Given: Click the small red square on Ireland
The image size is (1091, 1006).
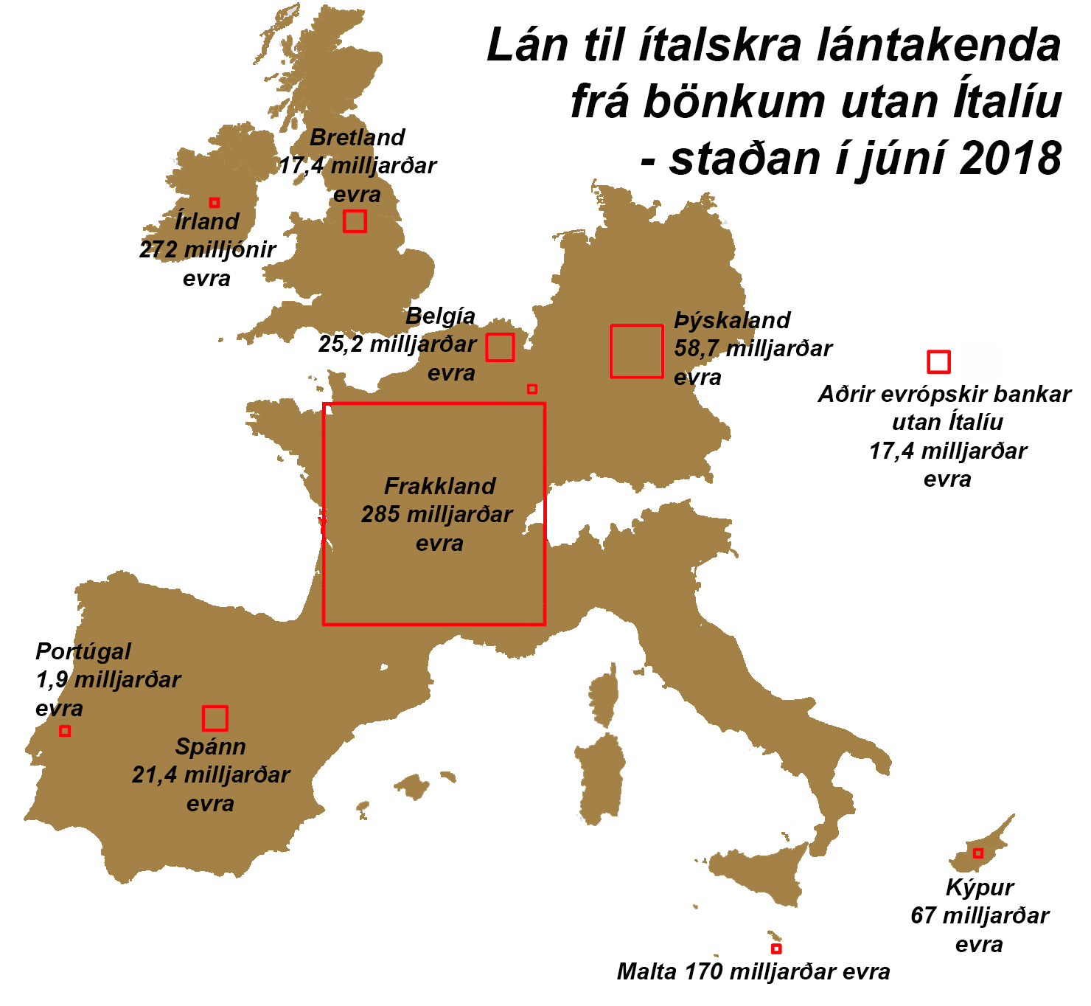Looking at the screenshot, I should point(215,202).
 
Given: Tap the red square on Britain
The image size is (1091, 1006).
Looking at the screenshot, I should point(355,221).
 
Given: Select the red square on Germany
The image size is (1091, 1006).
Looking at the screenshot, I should point(636,351).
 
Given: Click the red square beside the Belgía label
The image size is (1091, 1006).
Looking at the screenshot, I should point(500,347).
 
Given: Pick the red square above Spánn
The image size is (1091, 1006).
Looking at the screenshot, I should point(215,718).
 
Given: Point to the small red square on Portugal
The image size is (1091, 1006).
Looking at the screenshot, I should point(65,731).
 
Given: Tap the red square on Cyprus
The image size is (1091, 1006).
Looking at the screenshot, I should point(977,853).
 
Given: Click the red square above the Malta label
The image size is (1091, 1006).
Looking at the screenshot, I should point(775,948).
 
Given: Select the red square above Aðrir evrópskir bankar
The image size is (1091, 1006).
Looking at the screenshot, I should point(938,361).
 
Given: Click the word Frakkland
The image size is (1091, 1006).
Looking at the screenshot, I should point(440,486).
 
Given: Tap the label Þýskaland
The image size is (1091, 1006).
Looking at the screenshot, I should point(732,320).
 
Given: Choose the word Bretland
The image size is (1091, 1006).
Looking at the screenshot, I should point(358,137).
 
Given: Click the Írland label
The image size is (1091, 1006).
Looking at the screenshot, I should point(207,221).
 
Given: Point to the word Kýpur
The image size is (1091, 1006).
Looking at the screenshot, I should point(980,887).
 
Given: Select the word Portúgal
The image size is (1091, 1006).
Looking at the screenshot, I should point(83,651).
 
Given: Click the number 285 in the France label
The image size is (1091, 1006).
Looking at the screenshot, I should point(380,514).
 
